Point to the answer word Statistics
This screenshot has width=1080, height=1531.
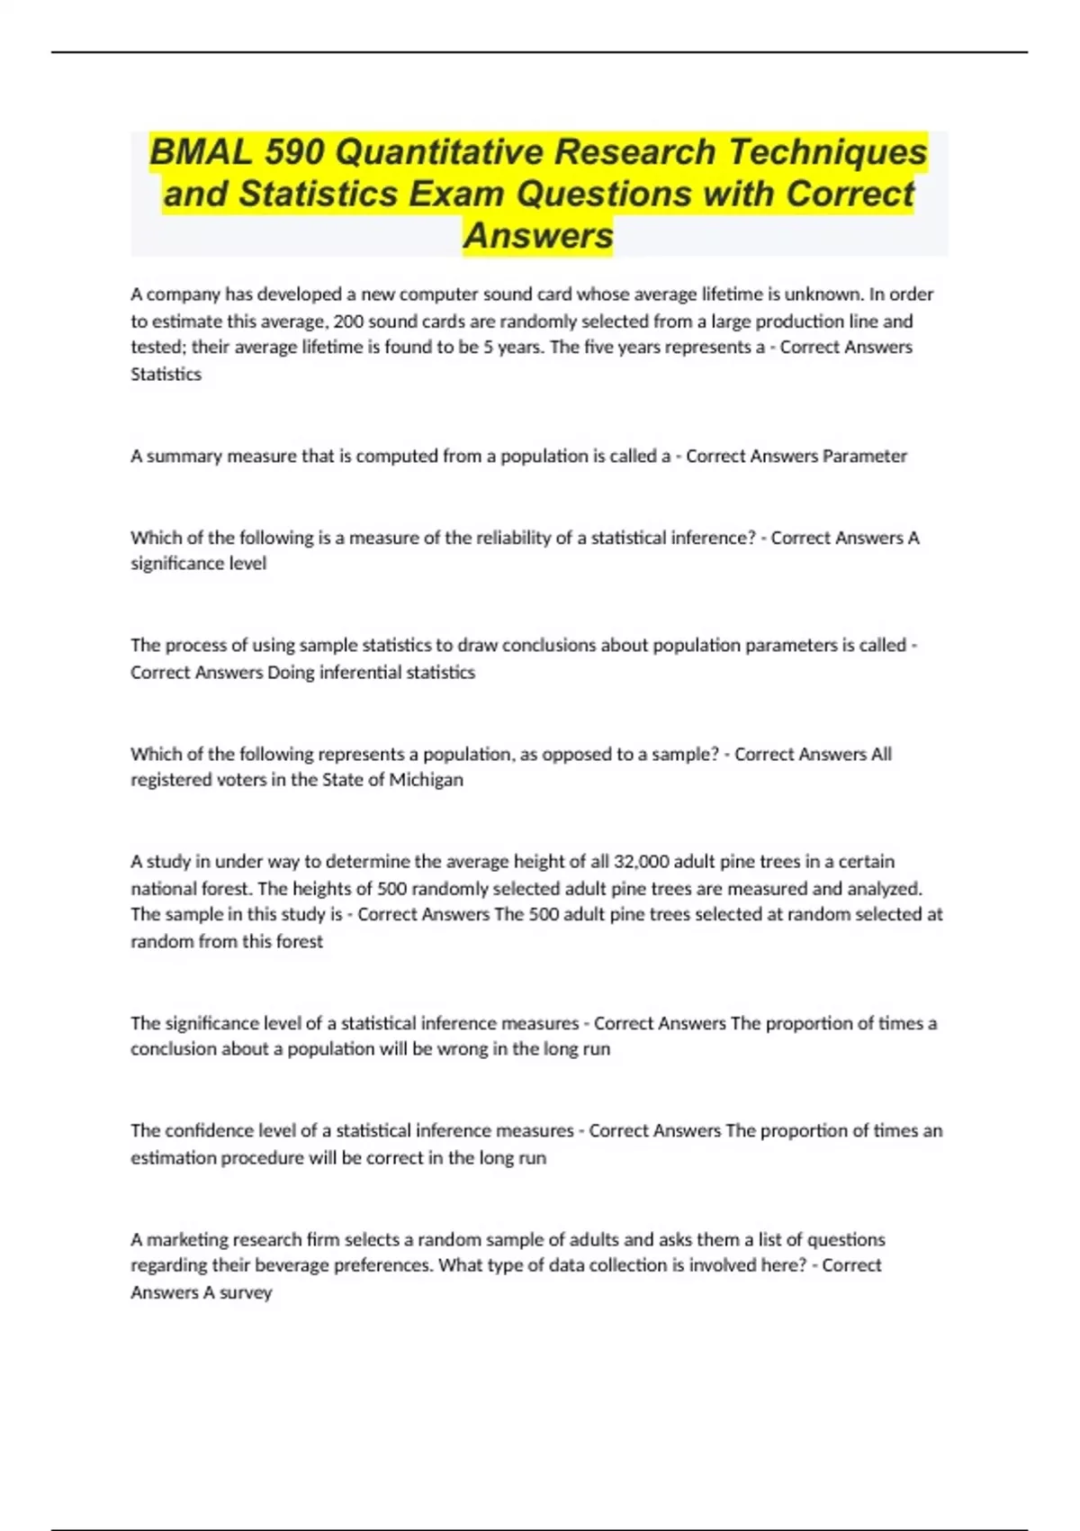coord(166,375)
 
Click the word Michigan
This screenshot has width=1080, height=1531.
coord(426,780)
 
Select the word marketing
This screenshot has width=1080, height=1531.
coord(187,1240)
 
